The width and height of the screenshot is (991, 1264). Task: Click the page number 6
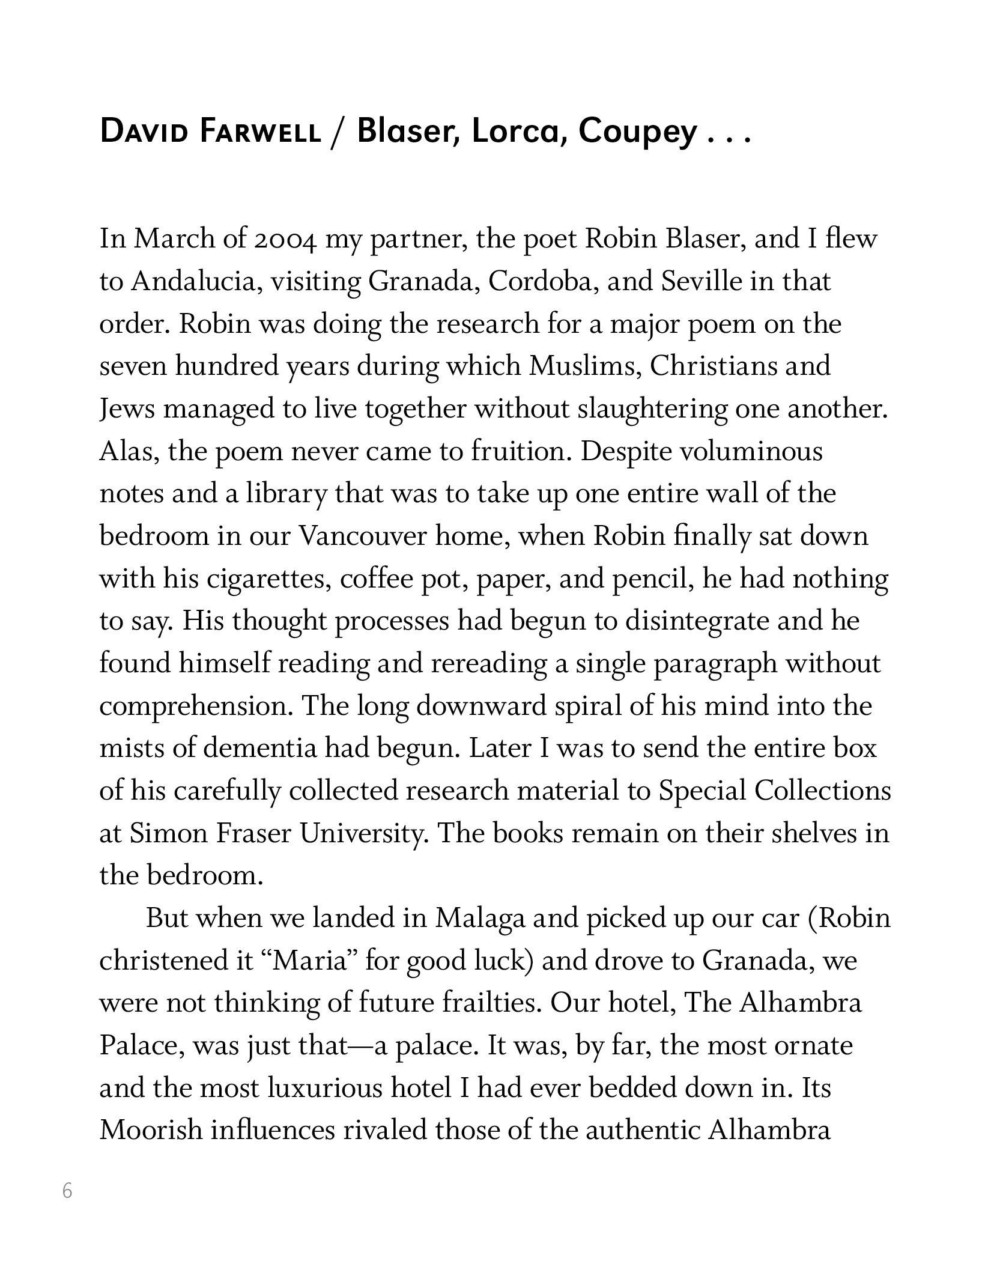[67, 1190]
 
